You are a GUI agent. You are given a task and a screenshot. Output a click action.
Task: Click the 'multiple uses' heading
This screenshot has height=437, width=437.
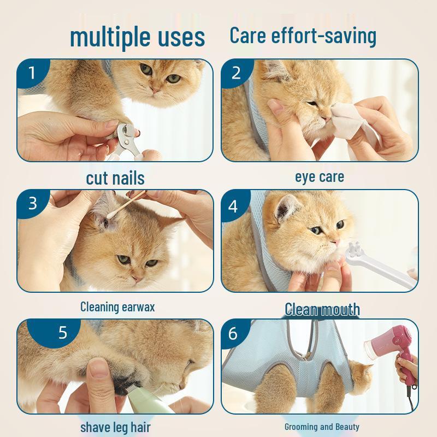coord(137,37)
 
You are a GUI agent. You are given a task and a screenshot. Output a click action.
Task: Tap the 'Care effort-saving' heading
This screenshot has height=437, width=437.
coord(303,35)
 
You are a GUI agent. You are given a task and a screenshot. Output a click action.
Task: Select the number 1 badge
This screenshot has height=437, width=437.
coord(32,73)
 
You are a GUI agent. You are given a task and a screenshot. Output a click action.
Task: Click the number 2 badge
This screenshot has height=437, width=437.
coord(236,73)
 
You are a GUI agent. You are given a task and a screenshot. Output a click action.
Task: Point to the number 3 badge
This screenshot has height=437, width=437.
coord(32,203)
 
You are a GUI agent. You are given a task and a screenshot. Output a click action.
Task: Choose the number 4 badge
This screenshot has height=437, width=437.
coord(233,206)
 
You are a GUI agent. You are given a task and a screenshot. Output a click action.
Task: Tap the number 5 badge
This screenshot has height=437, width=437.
coord(62,333)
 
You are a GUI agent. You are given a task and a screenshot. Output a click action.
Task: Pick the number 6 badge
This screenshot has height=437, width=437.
coord(233,334)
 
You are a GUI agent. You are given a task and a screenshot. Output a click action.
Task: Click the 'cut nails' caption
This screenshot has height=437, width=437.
coord(115,178)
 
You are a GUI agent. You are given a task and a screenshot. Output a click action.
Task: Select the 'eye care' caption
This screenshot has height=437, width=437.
coord(320,177)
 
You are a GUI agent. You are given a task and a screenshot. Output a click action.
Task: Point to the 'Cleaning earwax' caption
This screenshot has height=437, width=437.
coord(117,306)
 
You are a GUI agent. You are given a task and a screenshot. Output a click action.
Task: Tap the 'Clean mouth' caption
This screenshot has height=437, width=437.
coord(322,309)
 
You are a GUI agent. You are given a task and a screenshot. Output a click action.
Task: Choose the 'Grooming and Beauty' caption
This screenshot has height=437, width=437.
coord(322,427)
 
